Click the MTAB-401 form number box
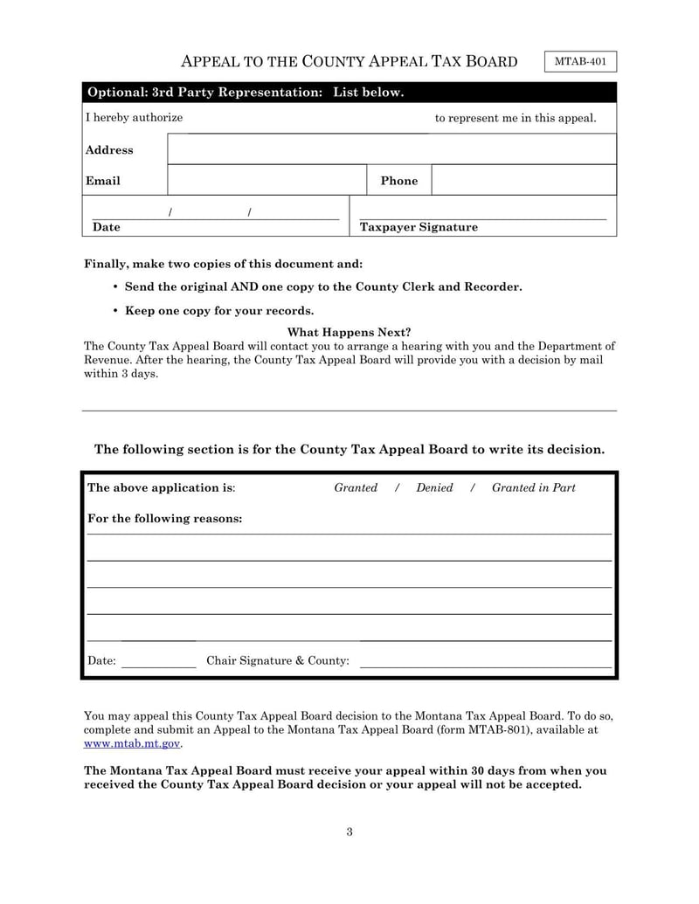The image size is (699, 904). click(x=580, y=62)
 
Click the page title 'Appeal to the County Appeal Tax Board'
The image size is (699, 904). click(x=349, y=61)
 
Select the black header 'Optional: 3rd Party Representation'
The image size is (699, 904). click(x=244, y=93)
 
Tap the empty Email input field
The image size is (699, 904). click(x=266, y=180)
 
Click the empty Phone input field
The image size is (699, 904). click(x=523, y=180)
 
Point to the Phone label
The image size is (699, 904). click(x=398, y=181)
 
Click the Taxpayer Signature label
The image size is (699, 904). click(x=419, y=227)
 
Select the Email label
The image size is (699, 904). click(x=102, y=181)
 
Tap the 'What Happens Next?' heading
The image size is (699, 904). click(x=349, y=332)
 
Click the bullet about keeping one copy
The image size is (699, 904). click(x=218, y=310)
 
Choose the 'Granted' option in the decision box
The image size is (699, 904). click(x=356, y=487)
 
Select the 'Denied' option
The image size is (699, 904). click(x=434, y=487)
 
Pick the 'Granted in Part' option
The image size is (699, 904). click(x=533, y=487)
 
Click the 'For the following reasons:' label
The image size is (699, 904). click(x=165, y=518)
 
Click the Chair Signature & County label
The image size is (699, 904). click(x=277, y=660)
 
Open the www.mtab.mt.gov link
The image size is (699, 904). click(x=132, y=743)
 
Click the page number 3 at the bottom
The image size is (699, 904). click(x=349, y=832)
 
